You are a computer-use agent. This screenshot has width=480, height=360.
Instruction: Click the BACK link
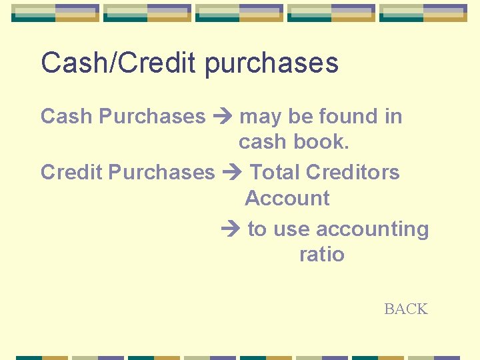[x=405, y=309]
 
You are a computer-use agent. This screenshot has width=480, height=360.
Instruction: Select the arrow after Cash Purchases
[x=223, y=117]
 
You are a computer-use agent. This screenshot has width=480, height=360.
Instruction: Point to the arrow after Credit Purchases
[x=233, y=173]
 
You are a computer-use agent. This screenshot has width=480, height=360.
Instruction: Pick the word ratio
[x=321, y=254]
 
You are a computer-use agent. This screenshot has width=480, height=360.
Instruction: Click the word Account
[x=287, y=198]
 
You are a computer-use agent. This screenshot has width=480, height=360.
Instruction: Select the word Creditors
[x=353, y=172]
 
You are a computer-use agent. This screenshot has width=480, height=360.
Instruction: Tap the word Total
[x=275, y=172]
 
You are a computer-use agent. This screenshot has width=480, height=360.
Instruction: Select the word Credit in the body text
[x=71, y=172]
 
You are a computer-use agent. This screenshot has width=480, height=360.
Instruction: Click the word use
[x=291, y=229]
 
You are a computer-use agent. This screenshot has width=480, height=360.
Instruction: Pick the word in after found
[x=393, y=116]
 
